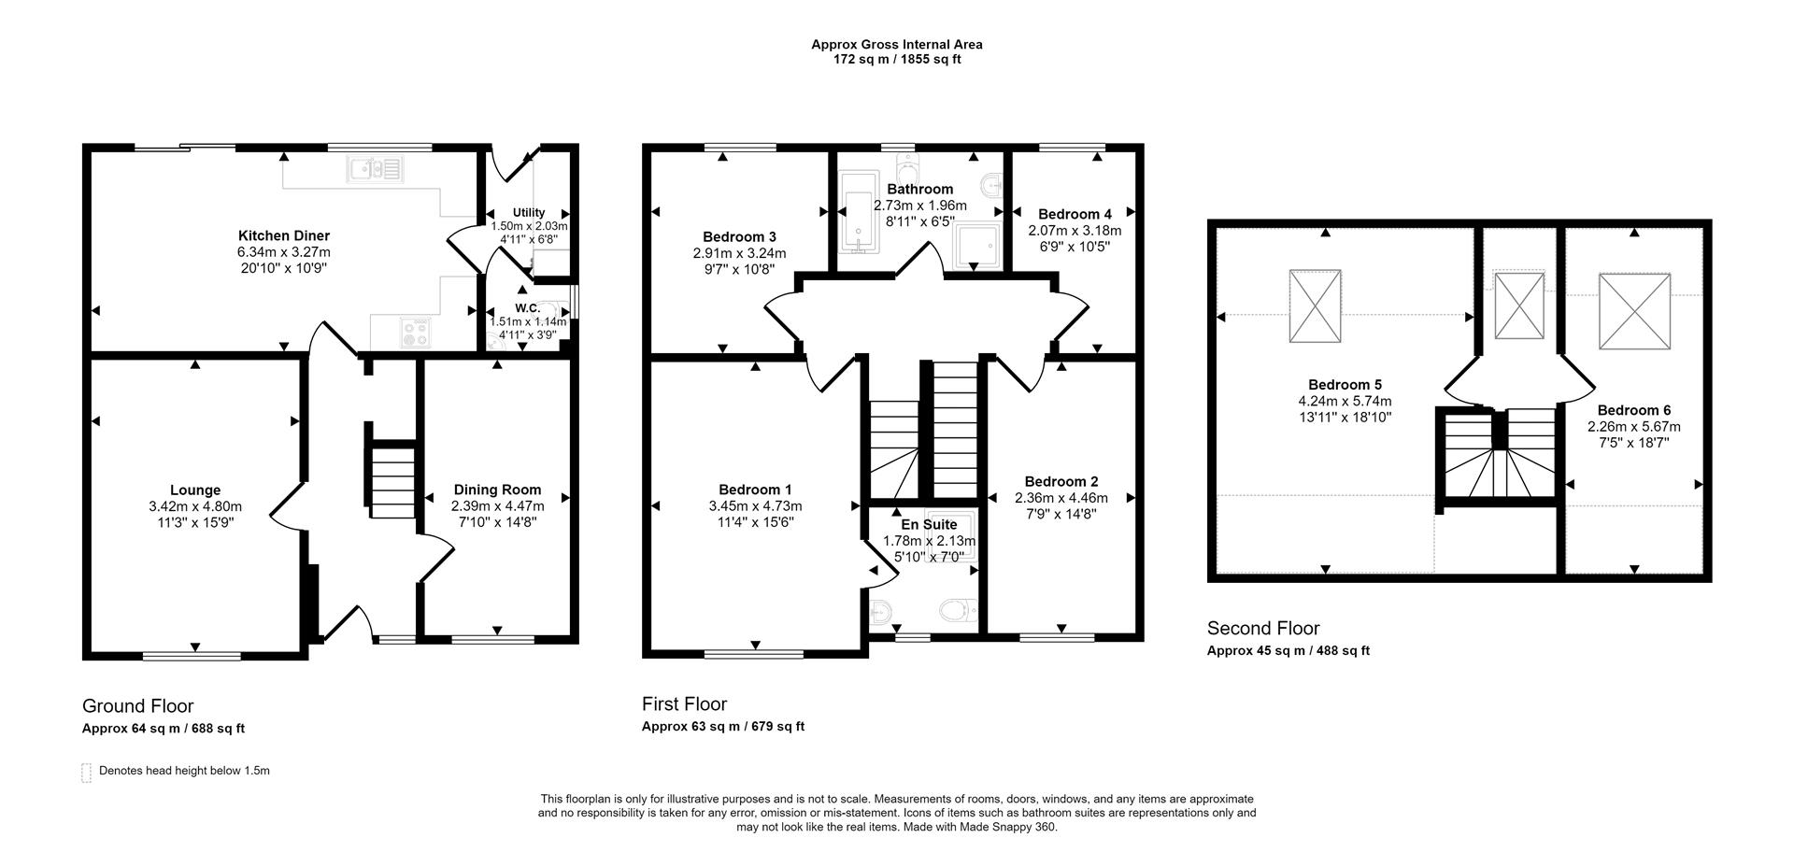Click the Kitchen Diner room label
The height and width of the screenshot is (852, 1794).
283,235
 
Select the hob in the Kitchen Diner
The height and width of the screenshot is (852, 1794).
416,331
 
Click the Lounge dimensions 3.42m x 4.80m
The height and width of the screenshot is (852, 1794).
195,506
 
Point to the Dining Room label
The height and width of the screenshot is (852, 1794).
497,490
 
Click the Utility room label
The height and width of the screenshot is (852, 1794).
529,212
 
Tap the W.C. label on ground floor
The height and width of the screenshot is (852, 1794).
527,308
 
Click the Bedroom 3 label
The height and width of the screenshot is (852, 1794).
739,237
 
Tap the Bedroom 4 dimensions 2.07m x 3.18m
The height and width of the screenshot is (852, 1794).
1075,231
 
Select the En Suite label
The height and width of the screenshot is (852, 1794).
929,524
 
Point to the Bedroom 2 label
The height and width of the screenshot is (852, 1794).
1061,482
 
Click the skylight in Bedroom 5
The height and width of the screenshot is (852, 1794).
1315,305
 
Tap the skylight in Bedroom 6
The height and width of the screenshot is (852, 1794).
1634,311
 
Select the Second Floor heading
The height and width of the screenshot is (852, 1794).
1263,628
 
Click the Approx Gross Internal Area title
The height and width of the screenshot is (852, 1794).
896,44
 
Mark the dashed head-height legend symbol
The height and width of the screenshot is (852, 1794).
87,772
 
